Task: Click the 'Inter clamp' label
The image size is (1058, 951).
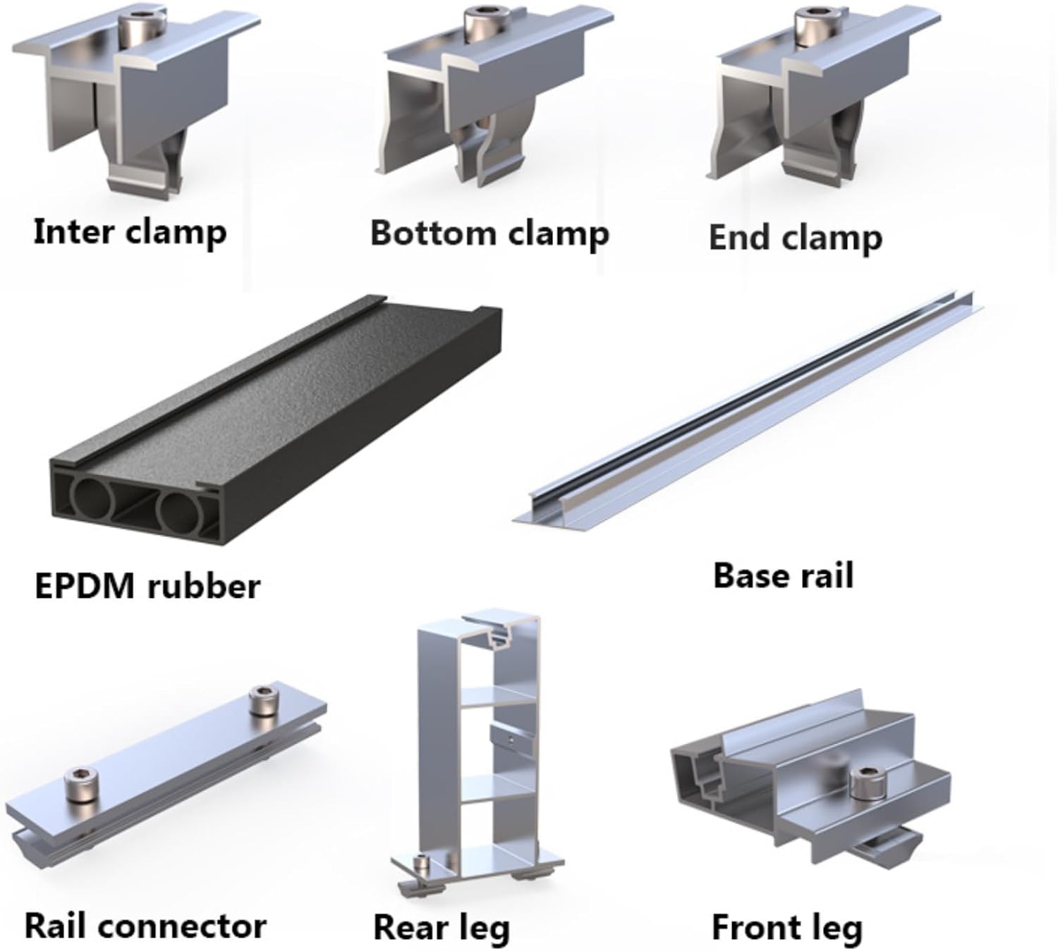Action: [130, 233]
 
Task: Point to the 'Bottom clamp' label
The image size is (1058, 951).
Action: [490, 233]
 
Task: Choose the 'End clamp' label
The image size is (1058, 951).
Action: [795, 238]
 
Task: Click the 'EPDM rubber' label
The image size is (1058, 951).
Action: [147, 587]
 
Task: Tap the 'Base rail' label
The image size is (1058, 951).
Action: [783, 575]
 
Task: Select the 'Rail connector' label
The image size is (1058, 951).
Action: [145, 926]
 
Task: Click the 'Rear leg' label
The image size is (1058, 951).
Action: [441, 928]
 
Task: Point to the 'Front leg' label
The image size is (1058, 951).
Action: [786, 928]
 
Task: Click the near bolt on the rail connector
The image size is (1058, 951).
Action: [79, 785]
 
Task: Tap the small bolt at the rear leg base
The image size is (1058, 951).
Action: [422, 863]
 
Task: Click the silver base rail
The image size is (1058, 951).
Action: [748, 409]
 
